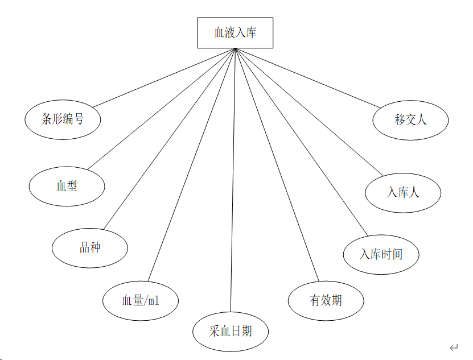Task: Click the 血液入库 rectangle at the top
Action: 235,32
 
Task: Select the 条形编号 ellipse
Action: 63,119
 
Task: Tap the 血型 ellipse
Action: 67,186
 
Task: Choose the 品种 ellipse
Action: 89,247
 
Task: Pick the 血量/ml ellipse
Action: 141,300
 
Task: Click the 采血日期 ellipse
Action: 230,330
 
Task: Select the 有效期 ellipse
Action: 326,300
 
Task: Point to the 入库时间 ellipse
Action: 381,254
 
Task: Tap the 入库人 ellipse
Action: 403,192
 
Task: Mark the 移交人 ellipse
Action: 410,119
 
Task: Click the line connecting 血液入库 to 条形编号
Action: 164,77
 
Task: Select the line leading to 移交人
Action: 307,77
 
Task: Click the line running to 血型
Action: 161,109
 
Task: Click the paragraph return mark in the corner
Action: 453,347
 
